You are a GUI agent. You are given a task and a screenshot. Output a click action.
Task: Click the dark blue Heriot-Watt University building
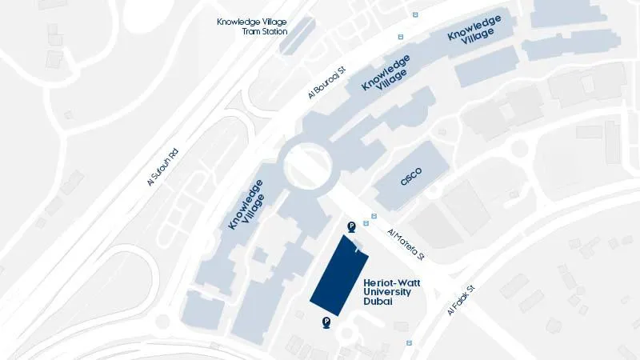(x=338, y=277)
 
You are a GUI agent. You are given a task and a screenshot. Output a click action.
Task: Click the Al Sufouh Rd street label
(x=162, y=167)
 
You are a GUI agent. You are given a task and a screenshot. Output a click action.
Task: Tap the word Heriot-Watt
(x=390, y=282)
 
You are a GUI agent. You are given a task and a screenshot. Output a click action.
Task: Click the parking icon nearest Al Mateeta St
(x=351, y=227)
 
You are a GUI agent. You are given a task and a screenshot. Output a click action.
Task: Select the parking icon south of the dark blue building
(x=326, y=322)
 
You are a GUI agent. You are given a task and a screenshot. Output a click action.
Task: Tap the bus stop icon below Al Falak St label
(x=410, y=342)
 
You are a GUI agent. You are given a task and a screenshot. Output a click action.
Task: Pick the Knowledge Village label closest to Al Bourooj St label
(x=387, y=73)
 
